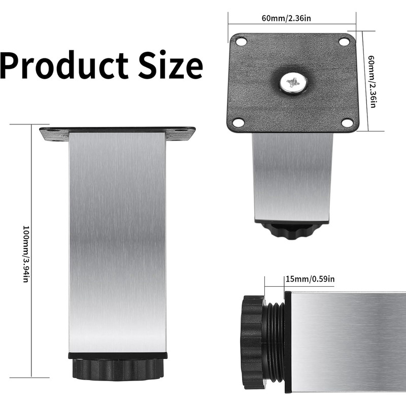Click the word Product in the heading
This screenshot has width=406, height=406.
(64, 65)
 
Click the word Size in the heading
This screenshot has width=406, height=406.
(171, 65)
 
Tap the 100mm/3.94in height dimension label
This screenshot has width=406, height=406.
(26, 254)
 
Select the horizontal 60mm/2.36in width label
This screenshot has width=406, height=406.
(286, 18)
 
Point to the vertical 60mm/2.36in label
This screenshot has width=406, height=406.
(372, 81)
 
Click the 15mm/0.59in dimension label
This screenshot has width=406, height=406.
(310, 279)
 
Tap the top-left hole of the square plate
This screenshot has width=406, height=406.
(241, 41)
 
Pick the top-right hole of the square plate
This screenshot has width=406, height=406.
(344, 42)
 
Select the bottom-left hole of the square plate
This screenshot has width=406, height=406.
(238, 122)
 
